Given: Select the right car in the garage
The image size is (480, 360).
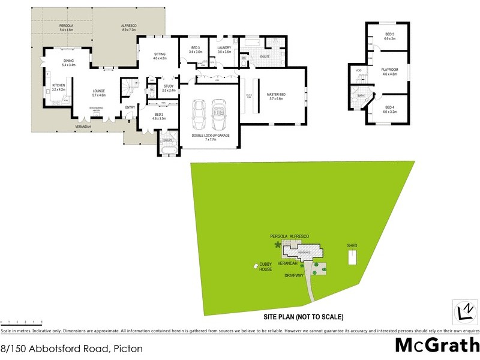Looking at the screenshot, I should coord(218,114).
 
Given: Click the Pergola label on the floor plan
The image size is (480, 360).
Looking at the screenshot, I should coord(66,27).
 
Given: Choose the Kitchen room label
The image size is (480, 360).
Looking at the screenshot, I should coord(58,88).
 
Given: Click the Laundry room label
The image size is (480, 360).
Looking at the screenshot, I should coord(224,49).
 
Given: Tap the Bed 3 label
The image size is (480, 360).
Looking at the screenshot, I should coord(195,49).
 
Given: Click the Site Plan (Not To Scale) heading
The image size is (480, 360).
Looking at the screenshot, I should coord(303,316).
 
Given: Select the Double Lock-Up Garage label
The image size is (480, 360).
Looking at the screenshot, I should coord(210,136).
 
